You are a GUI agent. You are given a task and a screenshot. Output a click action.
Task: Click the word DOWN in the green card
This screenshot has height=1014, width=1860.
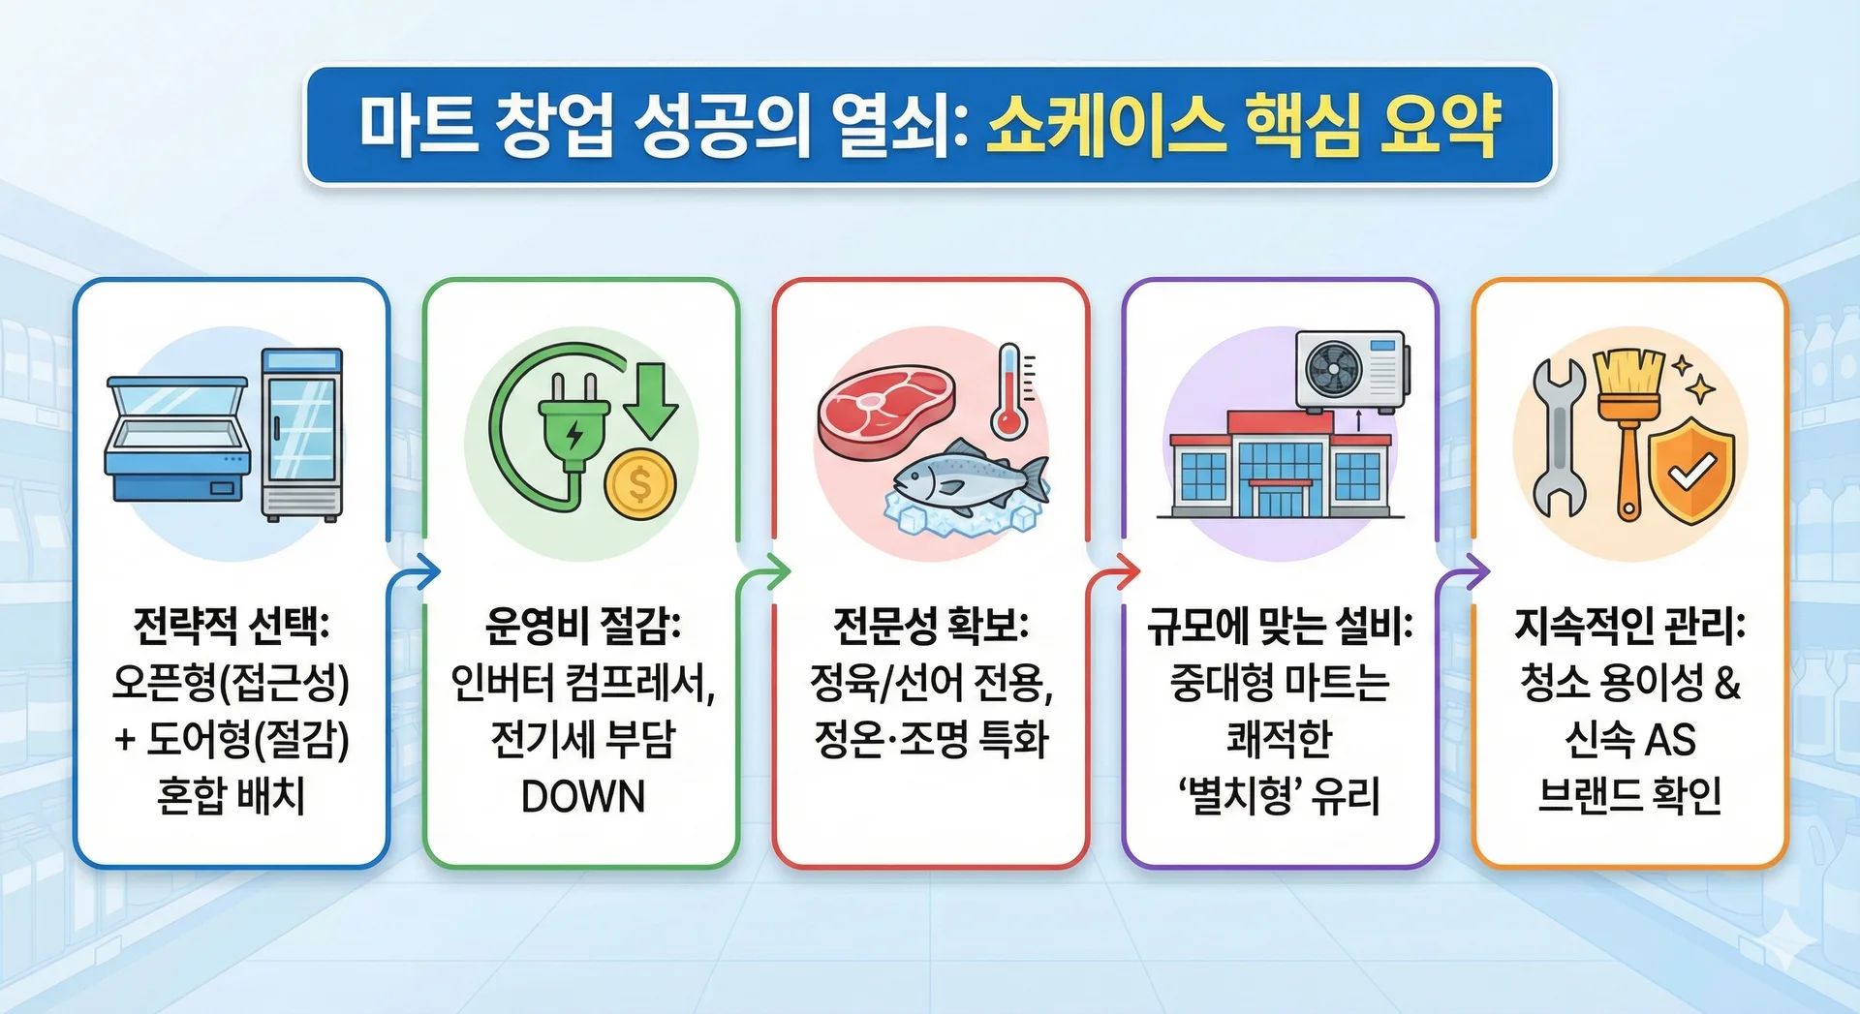pyautogui.click(x=582, y=797)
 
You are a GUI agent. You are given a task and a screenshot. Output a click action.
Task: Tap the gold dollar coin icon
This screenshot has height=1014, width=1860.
pyautogui.click(x=640, y=483)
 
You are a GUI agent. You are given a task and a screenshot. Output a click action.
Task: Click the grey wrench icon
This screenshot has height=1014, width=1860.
pyautogui.click(x=1559, y=436)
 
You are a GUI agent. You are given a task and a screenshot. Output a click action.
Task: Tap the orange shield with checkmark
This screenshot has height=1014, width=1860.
pyautogui.click(x=1691, y=471)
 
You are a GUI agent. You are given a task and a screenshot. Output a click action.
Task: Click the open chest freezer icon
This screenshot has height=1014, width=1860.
pyautogui.click(x=177, y=439)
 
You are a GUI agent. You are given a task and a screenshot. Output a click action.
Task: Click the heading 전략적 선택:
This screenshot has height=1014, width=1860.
pyautogui.click(x=232, y=626)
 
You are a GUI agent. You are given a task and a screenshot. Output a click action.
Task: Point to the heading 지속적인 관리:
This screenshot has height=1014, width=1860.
pyautogui.click(x=1630, y=626)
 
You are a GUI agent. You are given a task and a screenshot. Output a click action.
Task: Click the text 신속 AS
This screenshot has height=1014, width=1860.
pyautogui.click(x=1630, y=740)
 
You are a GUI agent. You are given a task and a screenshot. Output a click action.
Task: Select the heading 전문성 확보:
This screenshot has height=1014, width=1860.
pyautogui.click(x=931, y=626)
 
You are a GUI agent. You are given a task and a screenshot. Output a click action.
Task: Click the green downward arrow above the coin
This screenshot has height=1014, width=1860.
pyautogui.click(x=650, y=399)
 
